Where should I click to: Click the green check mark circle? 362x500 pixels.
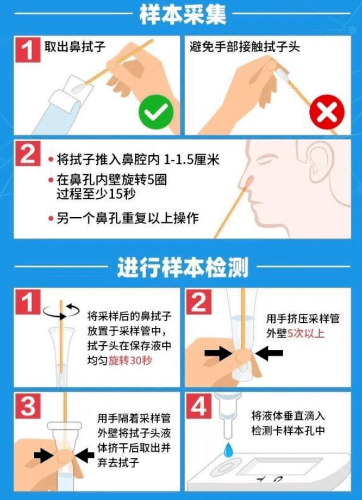click(156, 112)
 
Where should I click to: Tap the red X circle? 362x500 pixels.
click(327, 112)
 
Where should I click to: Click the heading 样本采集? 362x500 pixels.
click(183, 15)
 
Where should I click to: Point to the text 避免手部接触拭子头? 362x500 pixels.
click(245, 47)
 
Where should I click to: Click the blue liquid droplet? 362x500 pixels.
click(228, 450)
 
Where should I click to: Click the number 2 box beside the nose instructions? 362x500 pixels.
click(27, 154)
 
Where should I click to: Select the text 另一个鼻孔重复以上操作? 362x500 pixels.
click(127, 219)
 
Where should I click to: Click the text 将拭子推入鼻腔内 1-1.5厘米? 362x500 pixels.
click(138, 159)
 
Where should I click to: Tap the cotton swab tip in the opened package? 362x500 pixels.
click(78, 87)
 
